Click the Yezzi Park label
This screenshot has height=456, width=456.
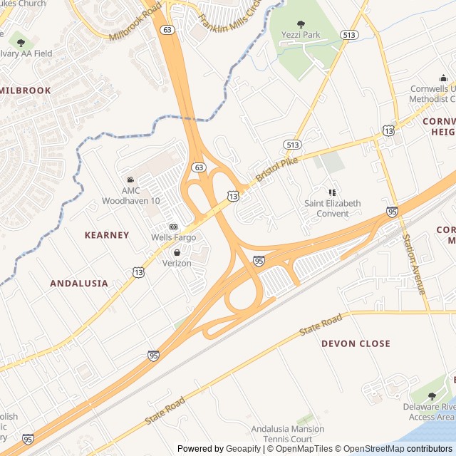click(x=300, y=35)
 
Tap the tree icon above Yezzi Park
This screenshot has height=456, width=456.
click(x=300, y=24)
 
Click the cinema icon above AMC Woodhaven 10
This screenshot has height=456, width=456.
click(x=130, y=180)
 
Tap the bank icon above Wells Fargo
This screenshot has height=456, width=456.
click(x=173, y=226)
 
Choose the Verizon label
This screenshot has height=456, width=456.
click(x=177, y=263)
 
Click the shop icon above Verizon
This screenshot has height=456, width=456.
click(x=177, y=252)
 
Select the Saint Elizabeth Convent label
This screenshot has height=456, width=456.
click(x=332, y=208)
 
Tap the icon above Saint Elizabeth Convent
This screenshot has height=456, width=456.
click(x=332, y=192)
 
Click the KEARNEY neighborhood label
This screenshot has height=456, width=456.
click(x=107, y=235)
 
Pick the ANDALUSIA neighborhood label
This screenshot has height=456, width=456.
click(x=79, y=283)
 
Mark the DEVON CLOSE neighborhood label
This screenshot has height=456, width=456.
click(x=356, y=343)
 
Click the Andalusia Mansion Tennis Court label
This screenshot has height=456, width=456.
click(x=287, y=433)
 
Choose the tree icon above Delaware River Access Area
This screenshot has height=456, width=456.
click(x=432, y=396)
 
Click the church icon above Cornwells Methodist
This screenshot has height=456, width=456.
click(x=442, y=78)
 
